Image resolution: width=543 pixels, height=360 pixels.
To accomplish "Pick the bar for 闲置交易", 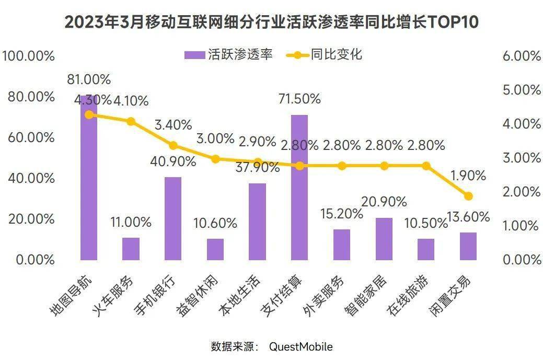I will (x=468, y=246).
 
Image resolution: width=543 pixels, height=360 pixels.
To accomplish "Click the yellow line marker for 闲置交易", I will (x=468, y=196).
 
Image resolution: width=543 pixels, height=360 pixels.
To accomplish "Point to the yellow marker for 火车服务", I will (x=131, y=122).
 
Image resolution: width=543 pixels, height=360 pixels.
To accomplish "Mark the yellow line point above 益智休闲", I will (x=215, y=159).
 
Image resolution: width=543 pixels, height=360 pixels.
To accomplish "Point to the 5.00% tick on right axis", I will (x=521, y=90).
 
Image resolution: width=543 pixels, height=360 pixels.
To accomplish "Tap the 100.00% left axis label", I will (x=28, y=56).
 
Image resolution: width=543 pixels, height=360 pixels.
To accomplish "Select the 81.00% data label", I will (x=89, y=80).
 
